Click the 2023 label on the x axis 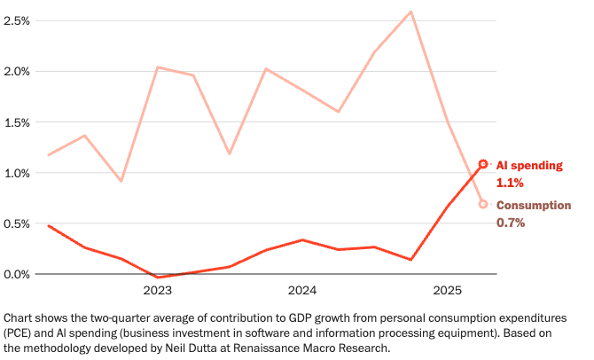[157, 291]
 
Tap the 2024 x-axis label [302, 291]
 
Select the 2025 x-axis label [447, 291]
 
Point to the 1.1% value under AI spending [510, 184]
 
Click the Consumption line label [533, 206]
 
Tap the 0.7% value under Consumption [510, 223]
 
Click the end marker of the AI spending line [483, 164]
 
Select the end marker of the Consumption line [483, 204]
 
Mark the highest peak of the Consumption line [410, 12]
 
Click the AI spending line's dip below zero [157, 278]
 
